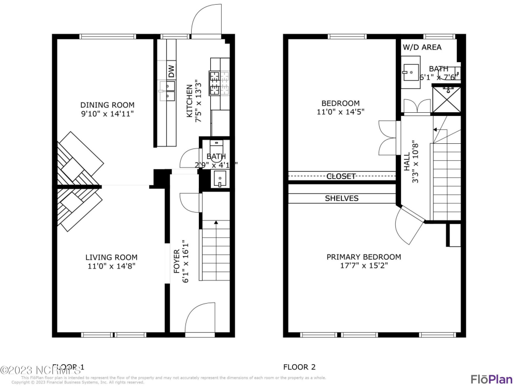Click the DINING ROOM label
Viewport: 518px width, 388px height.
107,105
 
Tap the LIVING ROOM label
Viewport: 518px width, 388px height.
111,257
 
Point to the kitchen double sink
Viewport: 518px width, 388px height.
167,91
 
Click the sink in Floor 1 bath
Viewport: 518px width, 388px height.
220,179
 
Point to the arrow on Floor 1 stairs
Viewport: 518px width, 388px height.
215,222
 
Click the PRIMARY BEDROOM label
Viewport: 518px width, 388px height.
364,257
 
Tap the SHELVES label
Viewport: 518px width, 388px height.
341,198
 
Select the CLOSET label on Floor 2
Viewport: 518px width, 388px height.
341,176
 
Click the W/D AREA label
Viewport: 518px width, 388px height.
422,47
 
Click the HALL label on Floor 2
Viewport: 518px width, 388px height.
407,165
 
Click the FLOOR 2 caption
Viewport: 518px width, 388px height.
299,367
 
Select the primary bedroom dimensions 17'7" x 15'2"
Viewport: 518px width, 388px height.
364,266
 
